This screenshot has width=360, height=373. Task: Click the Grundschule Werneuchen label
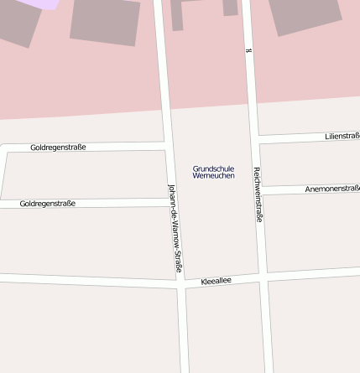pos(213,172)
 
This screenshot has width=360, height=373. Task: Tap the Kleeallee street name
pos(216,282)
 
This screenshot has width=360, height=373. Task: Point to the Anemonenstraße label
pos(332,189)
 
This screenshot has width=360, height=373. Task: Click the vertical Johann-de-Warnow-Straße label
pos(175,228)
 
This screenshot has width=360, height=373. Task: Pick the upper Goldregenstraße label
pos(58,147)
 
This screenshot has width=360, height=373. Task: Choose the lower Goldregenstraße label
pos(48,203)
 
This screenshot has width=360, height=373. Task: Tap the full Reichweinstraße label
pos(258,194)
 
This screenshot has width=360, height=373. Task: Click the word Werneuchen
pos(213,176)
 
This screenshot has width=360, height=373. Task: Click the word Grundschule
pos(213,168)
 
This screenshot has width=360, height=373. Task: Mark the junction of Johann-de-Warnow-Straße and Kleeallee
pos(181,284)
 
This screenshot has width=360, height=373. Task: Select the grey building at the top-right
pos(305,15)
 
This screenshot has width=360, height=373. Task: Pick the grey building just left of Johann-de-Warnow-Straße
pos(105,21)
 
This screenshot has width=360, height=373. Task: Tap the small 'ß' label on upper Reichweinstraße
pos(248,51)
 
